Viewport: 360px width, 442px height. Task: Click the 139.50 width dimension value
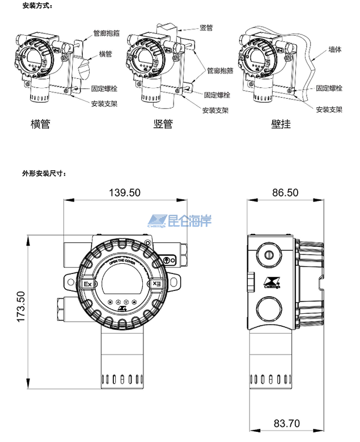point(124,192)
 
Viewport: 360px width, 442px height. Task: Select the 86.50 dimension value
point(285,192)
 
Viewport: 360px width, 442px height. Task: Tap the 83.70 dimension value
point(286,423)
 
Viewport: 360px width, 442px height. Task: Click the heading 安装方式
point(38,6)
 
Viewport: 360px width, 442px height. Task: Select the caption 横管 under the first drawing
point(40,124)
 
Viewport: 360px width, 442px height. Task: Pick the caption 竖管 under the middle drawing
point(163,124)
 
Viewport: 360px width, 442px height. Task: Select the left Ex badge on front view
point(87,284)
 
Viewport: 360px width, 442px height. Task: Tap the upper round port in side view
point(269,253)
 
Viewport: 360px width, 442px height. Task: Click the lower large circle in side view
point(269,311)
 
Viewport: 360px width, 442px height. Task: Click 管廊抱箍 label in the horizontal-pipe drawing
point(106,33)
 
